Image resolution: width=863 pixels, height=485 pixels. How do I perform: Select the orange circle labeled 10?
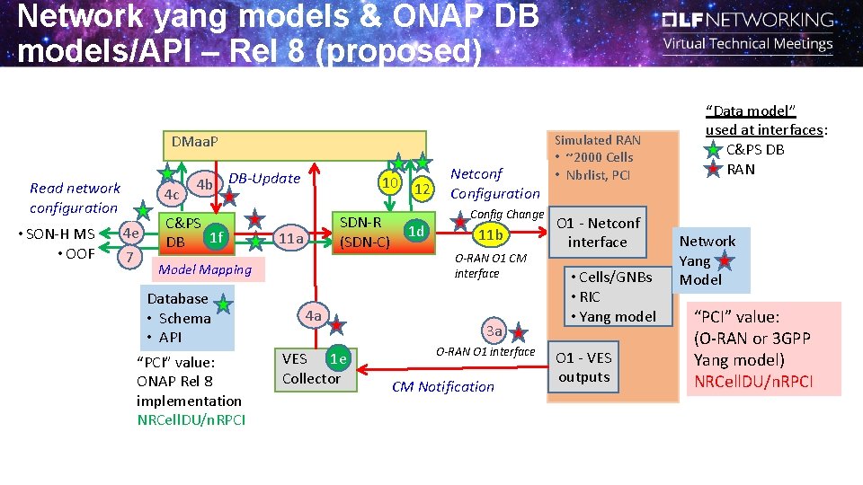390,184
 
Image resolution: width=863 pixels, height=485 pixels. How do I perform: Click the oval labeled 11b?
490,235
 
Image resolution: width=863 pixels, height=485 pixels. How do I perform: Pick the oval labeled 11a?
290,238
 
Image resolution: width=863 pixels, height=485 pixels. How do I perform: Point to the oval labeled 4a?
313,316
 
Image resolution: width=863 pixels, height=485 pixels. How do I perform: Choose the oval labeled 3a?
494,331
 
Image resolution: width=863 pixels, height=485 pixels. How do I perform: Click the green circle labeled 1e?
338,359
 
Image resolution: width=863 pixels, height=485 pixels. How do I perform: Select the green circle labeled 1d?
415,232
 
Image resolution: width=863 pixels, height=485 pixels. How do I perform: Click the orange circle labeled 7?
129,257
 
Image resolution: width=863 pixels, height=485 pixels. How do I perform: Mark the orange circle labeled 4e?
130,233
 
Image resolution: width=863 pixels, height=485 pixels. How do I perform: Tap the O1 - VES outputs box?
583,367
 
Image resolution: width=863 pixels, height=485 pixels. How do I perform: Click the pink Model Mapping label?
205,269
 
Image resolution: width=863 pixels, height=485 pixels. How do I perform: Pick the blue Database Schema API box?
186,319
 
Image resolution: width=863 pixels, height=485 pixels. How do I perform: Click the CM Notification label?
442,387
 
